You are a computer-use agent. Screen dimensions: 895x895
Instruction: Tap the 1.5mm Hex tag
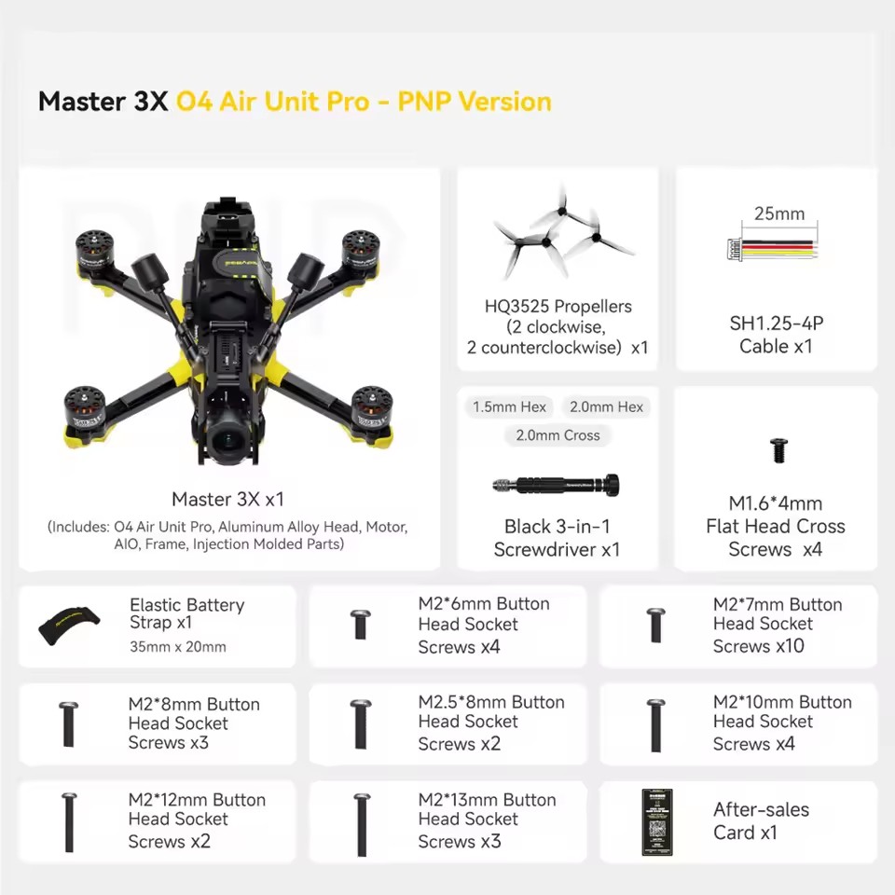coord(509,407)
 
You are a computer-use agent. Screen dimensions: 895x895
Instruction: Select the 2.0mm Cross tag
coord(558,435)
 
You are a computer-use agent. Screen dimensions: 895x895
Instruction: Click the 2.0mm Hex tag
coord(606,407)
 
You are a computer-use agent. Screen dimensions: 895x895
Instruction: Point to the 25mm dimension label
coord(778,214)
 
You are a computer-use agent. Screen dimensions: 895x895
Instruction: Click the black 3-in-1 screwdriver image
coord(558,484)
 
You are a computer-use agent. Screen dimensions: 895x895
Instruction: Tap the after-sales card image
coord(657,821)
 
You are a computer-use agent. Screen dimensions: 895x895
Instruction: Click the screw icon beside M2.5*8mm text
coord(362,723)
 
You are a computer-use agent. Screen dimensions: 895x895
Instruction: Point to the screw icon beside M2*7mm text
coord(656,625)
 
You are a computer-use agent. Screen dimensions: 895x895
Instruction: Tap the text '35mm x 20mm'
coord(177,647)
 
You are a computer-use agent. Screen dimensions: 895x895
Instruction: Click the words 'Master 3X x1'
coord(227,500)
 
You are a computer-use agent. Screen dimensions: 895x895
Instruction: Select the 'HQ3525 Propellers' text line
coord(558,306)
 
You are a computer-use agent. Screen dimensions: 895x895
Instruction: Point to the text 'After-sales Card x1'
coord(761,821)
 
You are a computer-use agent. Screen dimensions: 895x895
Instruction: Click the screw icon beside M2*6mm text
coord(362,625)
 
